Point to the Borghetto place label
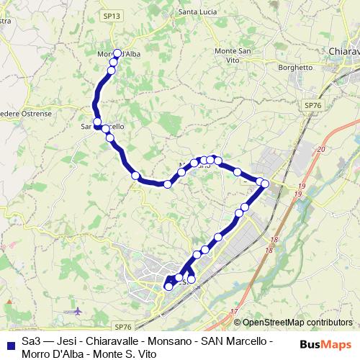[297, 68]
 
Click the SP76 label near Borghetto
[313, 105]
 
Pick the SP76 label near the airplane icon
[124, 326]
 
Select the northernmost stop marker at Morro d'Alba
[117, 53]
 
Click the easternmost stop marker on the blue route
[265, 184]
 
